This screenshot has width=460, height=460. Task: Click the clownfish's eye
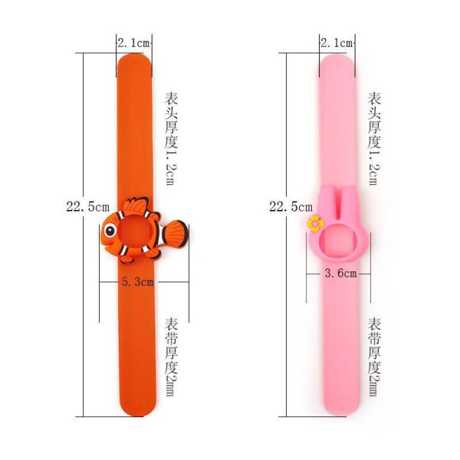pyautogui.click(x=109, y=230)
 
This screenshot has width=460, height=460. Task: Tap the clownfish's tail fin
pyautogui.click(x=175, y=232)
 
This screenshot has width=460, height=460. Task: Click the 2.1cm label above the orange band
pyautogui.click(x=134, y=44)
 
